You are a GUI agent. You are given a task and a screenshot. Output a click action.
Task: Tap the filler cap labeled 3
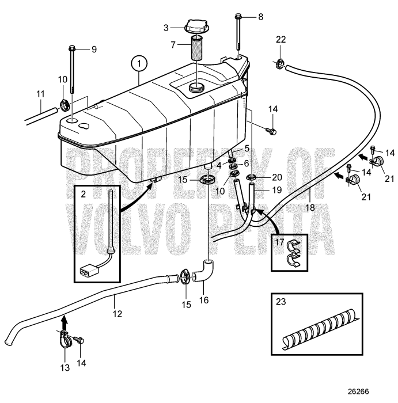196,28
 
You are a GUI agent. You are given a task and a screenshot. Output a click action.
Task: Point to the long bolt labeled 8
238,35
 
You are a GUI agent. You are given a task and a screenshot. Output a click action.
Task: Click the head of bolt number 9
73,48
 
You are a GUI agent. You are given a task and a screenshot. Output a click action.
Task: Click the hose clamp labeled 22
281,64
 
